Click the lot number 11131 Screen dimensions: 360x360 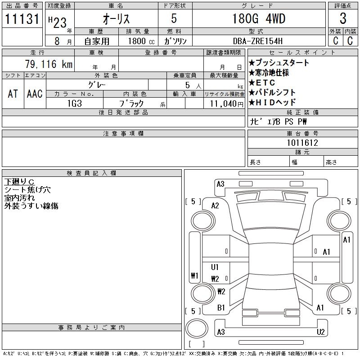(22, 19)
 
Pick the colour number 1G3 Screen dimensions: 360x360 (74, 103)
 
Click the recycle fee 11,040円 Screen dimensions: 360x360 (224, 103)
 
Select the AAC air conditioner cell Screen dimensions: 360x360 (35, 94)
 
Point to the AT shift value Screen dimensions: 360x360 (13, 94)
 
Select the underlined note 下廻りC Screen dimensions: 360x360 (19, 181)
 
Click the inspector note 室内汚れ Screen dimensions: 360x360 (19, 198)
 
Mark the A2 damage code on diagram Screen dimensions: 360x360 (215, 206)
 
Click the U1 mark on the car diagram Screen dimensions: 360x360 (215, 267)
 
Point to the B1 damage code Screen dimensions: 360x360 (221, 308)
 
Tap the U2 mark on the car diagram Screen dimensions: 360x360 (320, 332)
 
